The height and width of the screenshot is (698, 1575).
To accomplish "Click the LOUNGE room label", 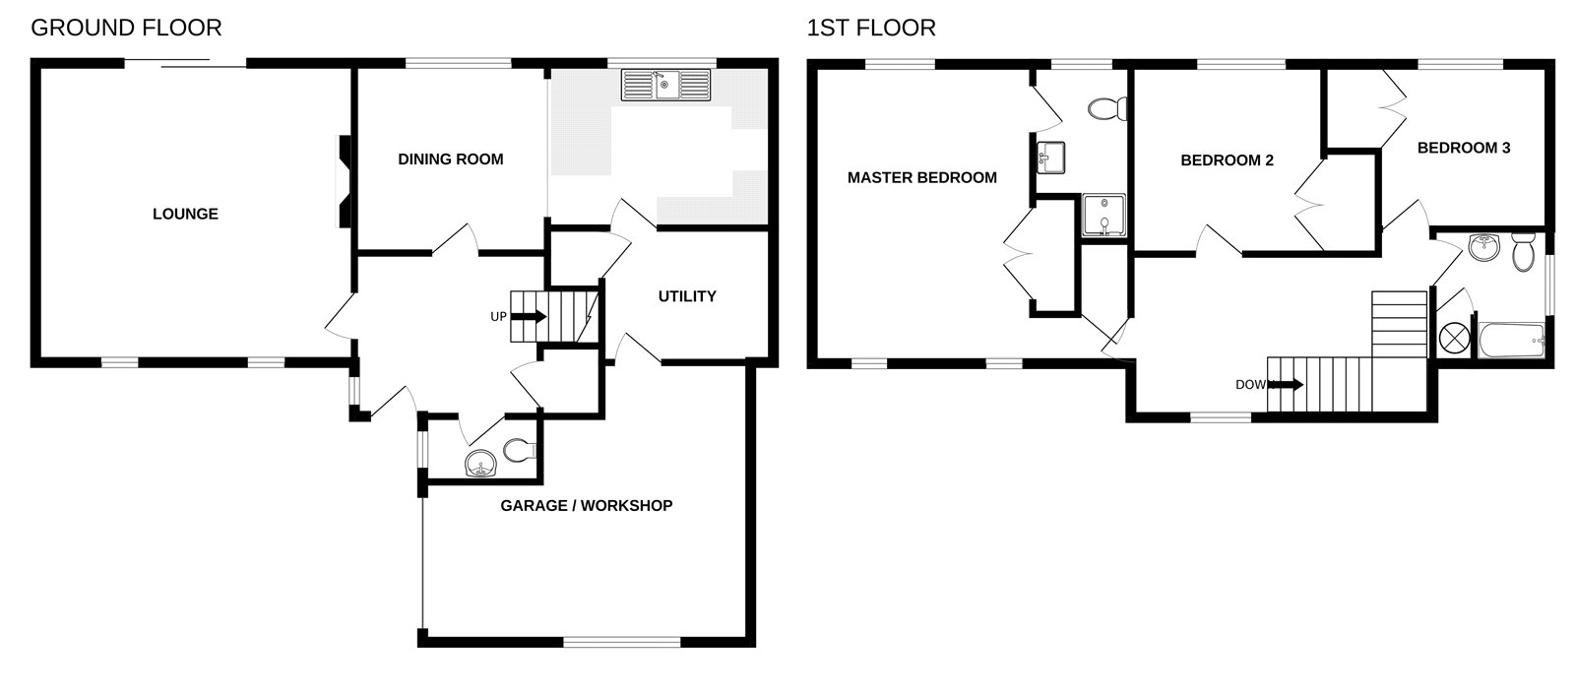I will point(185,214).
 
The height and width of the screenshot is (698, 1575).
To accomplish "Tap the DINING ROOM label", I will point(450,159).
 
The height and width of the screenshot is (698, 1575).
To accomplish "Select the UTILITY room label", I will point(686,295).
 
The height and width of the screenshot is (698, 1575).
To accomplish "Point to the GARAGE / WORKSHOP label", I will point(586,505).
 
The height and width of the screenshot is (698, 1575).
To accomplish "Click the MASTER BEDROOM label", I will point(921,177).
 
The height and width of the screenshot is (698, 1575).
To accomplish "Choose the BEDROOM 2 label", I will point(1227,159).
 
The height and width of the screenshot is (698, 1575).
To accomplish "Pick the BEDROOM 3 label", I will point(1463,148).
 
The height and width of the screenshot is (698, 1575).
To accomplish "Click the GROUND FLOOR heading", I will point(126,28).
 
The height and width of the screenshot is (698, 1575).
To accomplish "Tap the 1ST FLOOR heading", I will point(871,28).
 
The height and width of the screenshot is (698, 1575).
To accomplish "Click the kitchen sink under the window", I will point(665,85).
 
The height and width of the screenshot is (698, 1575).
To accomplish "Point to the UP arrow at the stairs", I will point(529,316).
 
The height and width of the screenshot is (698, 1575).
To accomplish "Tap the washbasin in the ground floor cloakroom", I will point(480,463).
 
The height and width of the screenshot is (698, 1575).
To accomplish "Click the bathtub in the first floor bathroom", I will point(1511,340).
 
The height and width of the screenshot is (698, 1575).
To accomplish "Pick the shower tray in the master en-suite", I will point(1103,216).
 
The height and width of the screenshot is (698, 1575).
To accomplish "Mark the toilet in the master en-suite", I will point(1109,107).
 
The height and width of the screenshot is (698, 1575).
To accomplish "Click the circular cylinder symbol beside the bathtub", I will point(1453,338).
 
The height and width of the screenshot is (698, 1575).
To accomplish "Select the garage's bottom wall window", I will point(621,642).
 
